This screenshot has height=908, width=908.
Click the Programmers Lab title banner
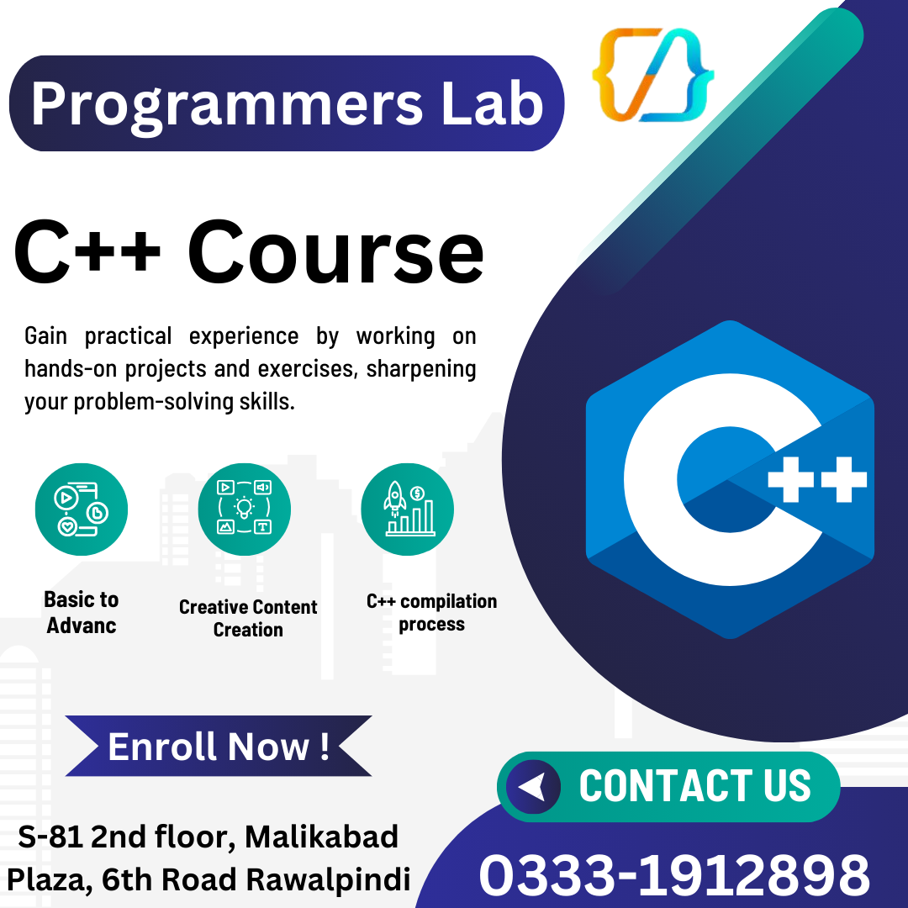(x=286, y=103)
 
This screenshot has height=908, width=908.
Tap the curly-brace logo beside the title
(x=653, y=74)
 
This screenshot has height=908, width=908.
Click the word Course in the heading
(x=335, y=251)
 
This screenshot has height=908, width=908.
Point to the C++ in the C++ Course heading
(x=88, y=251)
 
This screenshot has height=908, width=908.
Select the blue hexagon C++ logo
(x=729, y=479)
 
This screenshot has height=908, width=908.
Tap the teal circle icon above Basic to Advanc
(x=82, y=509)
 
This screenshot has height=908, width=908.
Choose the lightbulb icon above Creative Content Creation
(x=244, y=509)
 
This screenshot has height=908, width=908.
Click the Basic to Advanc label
(x=82, y=612)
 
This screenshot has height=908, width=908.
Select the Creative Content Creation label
(x=248, y=618)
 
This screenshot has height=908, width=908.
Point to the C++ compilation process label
(x=431, y=612)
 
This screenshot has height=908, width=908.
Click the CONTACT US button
(x=668, y=787)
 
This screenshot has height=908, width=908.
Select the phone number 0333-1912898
(x=673, y=874)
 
